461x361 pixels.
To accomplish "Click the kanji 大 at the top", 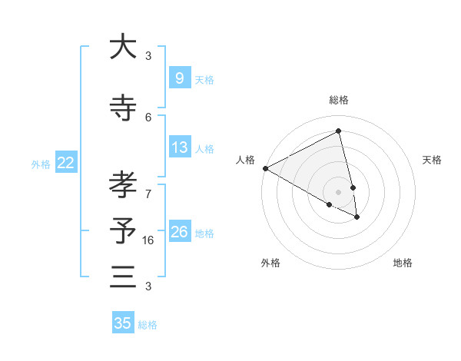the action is tap(123, 47).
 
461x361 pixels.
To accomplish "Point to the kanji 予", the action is tap(123, 231).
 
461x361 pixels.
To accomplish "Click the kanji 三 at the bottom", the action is tap(123, 277).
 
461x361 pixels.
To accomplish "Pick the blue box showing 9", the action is tap(179, 78).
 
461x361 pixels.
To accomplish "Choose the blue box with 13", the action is tap(179, 147).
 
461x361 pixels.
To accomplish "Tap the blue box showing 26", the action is tap(179, 232).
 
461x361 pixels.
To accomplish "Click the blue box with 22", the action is tap(65, 163).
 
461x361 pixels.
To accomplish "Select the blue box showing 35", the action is tap(123, 323).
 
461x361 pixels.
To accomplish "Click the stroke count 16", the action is tap(149, 240).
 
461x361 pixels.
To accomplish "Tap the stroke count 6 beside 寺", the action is tap(148, 117).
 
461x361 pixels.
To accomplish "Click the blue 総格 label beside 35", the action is tap(148, 325).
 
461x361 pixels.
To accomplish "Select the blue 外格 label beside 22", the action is tap(41, 164).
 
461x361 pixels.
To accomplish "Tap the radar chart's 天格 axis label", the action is tap(432, 160).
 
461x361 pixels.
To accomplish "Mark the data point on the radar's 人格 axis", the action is tap(265, 168).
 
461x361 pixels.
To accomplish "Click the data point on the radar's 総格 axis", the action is tap(339, 131).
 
